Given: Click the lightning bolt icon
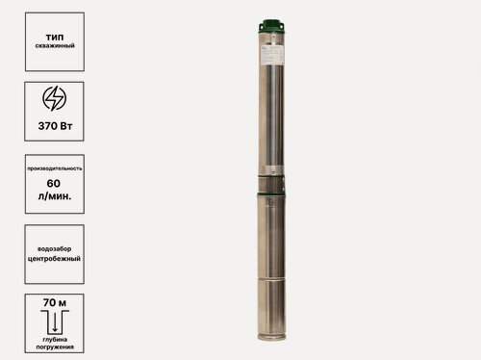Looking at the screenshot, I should click(54, 99).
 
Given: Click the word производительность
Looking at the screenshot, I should click(54, 168).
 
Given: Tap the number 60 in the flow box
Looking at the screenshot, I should click(54, 182).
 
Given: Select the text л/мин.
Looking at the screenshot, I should click(54, 197).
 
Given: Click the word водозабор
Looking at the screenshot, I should click(54, 244).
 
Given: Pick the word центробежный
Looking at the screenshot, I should click(54, 258).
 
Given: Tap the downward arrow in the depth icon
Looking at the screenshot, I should click(54, 320).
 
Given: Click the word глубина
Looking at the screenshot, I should click(54, 339).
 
